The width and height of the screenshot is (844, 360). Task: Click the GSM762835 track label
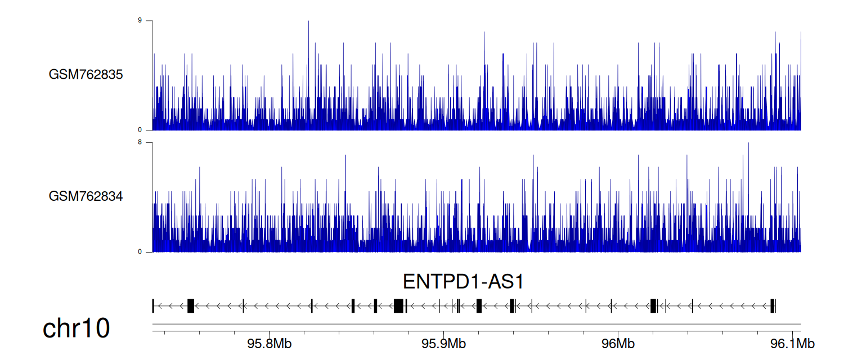pos(86,74)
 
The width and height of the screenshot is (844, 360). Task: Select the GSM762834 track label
pos(86,196)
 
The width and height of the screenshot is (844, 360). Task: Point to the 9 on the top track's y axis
pos(140,20)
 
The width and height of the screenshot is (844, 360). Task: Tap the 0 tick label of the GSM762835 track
pos(140,130)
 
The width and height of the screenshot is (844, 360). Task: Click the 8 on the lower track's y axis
pos(140,142)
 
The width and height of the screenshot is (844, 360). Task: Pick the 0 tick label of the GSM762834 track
pos(140,251)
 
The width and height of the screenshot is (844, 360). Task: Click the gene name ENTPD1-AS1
pos(463,282)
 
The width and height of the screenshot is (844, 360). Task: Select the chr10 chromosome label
pos(76,328)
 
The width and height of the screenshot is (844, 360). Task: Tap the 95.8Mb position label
pos(270,344)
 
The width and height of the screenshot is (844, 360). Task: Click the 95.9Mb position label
pos(443,344)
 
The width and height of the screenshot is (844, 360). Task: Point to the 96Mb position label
pos(618,344)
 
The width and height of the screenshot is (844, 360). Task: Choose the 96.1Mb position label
pos(792,344)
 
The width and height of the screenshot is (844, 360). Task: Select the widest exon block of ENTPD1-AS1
pos(398,306)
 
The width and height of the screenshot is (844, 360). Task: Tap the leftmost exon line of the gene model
pos(153,306)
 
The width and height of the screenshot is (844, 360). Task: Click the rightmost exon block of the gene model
pos(773,306)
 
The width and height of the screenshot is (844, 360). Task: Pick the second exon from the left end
pos(191,306)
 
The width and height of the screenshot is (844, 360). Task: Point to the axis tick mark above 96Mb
pos(618,333)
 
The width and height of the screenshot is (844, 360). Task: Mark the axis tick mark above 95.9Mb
pos(443,333)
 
